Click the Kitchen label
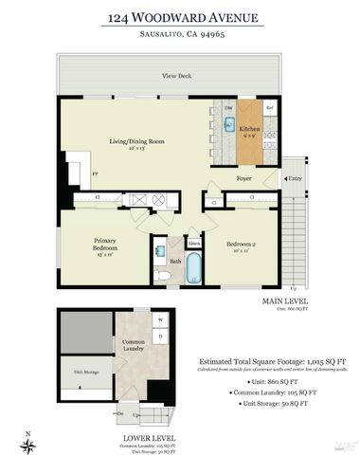249,130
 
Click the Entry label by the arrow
296,177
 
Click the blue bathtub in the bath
192,270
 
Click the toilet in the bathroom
162,275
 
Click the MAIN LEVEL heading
283,300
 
